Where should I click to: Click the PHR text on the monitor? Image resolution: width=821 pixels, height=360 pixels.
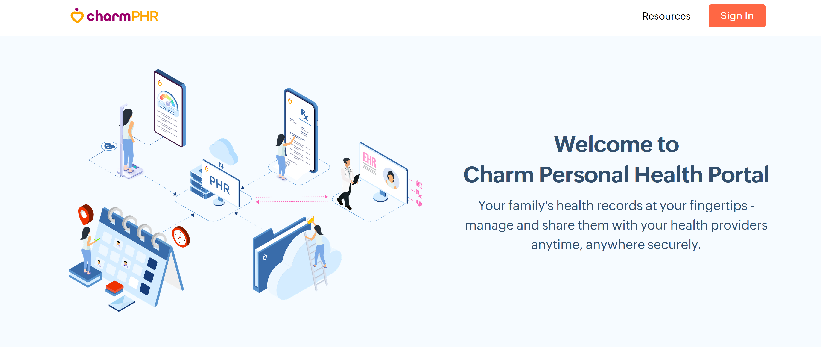pos(220,185)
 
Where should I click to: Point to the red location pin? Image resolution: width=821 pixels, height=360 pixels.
pos(86,214)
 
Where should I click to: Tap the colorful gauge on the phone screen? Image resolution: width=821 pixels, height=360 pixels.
pos(168,100)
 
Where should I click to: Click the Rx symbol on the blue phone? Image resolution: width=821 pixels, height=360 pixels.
pos(304,114)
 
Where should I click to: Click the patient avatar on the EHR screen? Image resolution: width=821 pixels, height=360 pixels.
pos(390,178)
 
